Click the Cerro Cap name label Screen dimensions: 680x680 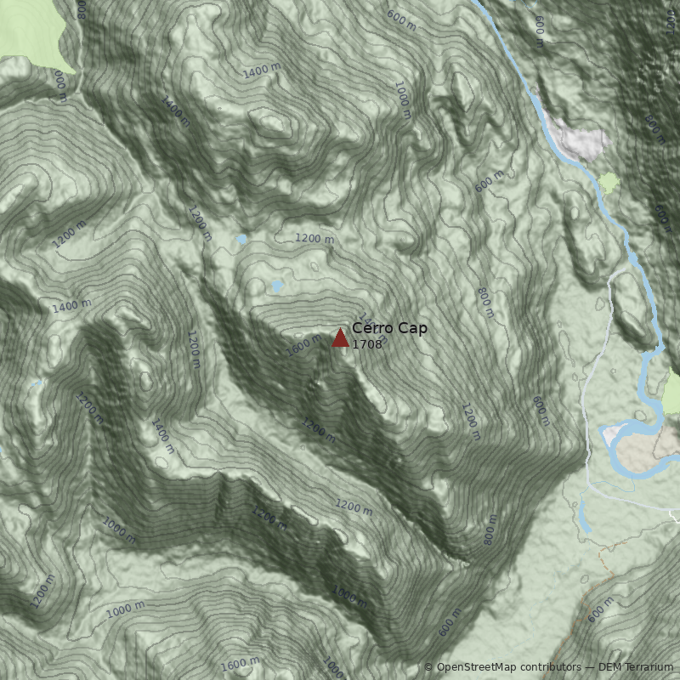click(389, 328)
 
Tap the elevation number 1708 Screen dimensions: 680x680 click(367, 344)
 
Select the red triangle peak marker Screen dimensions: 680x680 click(340, 338)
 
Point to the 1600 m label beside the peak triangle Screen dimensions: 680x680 click(303, 344)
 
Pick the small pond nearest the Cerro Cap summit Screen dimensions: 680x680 click(276, 285)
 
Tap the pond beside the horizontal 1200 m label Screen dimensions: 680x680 click(242, 240)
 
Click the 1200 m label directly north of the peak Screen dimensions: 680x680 click(314, 239)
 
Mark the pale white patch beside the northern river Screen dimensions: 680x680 click(578, 136)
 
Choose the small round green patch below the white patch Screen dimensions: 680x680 click(609, 182)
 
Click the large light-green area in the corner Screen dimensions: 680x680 click(34, 34)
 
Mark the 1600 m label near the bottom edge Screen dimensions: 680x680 click(240, 663)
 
